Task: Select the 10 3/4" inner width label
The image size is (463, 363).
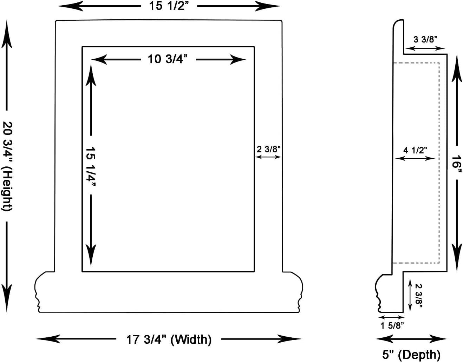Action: pos(168,59)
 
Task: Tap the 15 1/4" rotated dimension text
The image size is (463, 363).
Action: pos(91,165)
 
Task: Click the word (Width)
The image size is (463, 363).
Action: pos(191,339)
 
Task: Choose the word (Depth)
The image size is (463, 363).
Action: pos(419,355)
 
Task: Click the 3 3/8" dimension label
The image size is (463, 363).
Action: pos(425,39)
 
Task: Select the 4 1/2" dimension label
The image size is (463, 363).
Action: pos(415,150)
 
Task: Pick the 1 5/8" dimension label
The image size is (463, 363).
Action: pos(392,325)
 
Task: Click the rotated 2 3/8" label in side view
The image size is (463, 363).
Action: pos(419,296)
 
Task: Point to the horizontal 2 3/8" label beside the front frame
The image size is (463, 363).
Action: pos(268,149)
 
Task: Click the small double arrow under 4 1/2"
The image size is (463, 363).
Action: pos(415,158)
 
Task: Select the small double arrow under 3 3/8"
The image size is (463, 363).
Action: pos(426,48)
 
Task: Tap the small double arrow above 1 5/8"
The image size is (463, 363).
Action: pos(391,317)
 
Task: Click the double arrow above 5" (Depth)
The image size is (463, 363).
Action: pos(411,339)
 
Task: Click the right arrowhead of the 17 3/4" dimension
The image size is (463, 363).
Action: pos(289,339)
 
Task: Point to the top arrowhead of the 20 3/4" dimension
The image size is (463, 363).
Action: pos(7,34)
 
